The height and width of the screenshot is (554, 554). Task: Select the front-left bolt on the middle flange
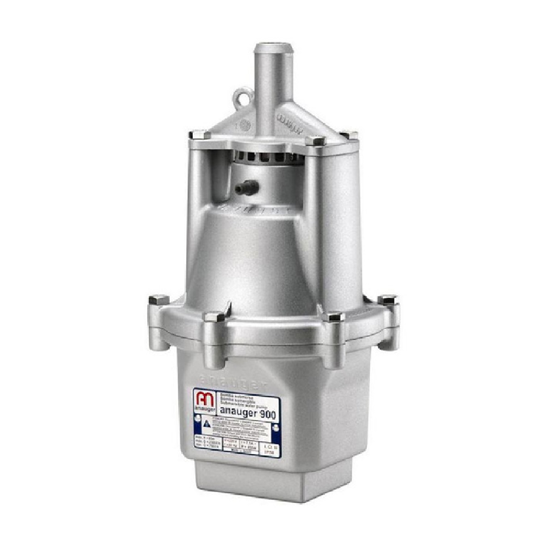pos(212,317)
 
